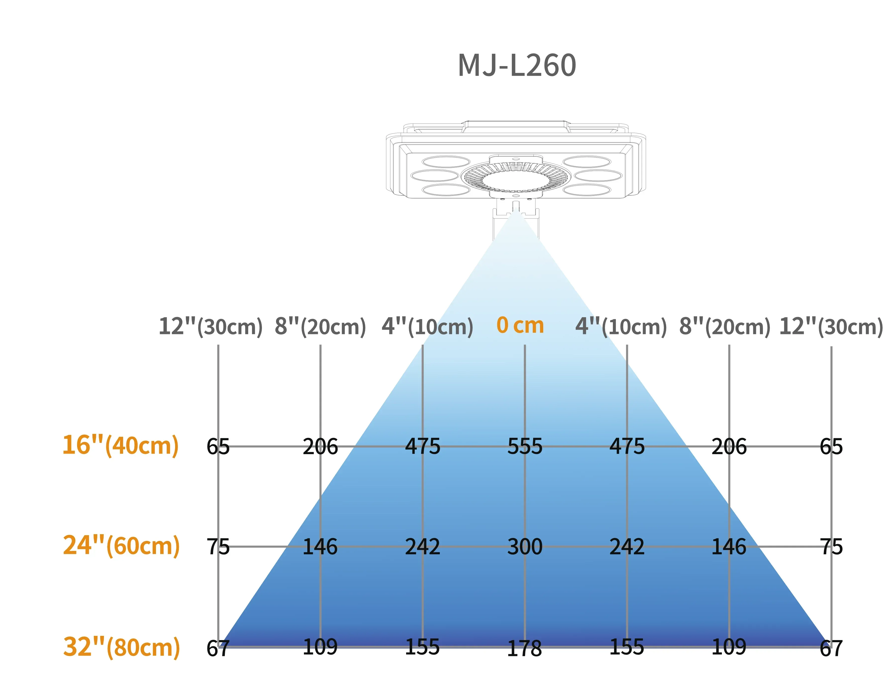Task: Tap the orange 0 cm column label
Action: [520, 325]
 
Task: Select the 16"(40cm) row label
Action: [120, 445]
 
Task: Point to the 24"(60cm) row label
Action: [121, 546]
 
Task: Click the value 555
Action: [525, 446]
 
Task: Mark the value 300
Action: [525, 546]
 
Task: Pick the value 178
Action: [524, 648]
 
